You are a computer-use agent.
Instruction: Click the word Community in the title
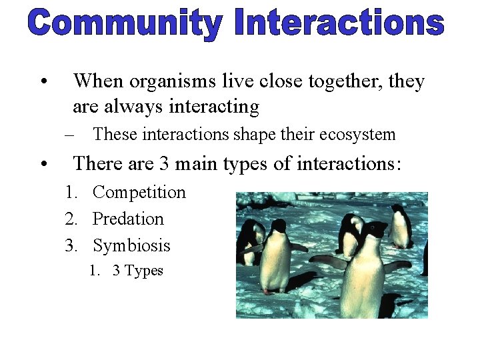(x=124, y=23)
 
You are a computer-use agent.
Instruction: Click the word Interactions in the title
(x=339, y=23)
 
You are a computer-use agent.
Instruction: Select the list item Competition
(x=139, y=193)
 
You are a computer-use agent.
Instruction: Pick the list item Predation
(x=128, y=219)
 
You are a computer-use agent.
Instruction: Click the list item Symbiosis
(x=131, y=246)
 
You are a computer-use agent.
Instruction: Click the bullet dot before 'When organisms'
(x=43, y=83)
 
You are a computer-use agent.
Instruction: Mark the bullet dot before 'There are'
(x=43, y=165)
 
